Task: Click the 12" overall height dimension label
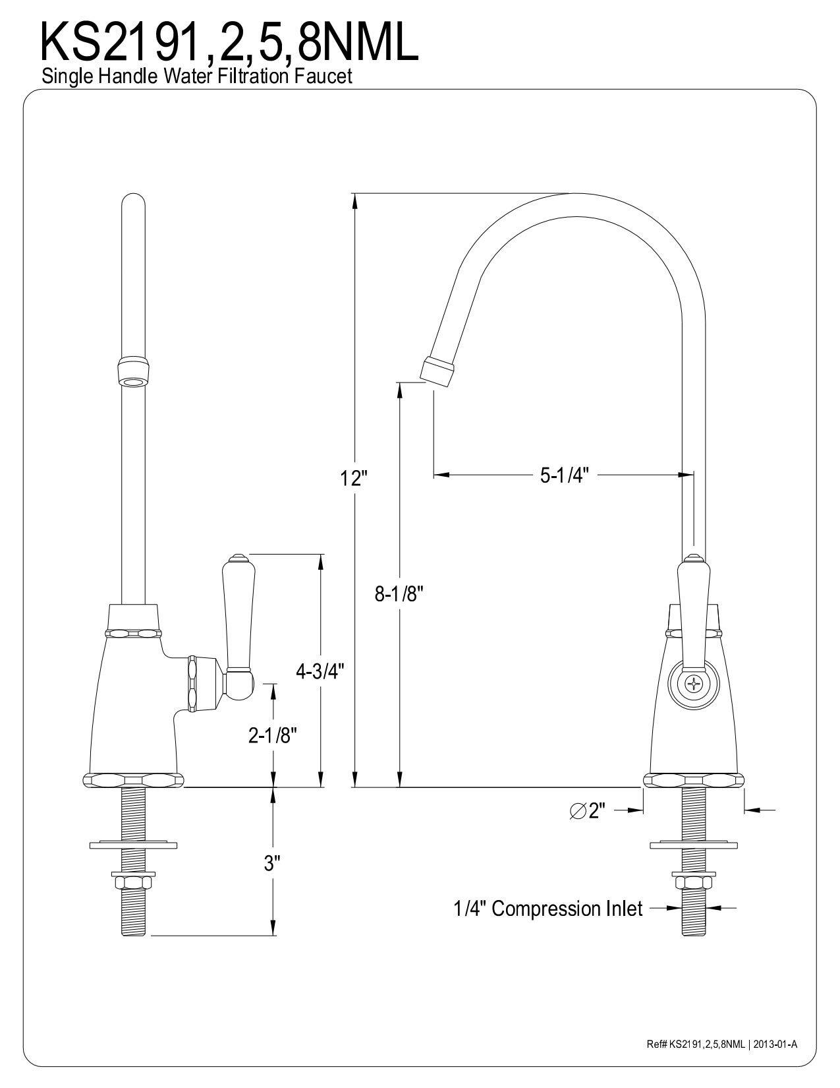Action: (x=353, y=478)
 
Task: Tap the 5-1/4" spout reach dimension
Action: (x=564, y=475)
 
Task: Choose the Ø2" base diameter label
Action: (x=587, y=810)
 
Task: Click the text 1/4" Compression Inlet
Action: (x=547, y=909)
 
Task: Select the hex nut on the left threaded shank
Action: (x=134, y=882)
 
